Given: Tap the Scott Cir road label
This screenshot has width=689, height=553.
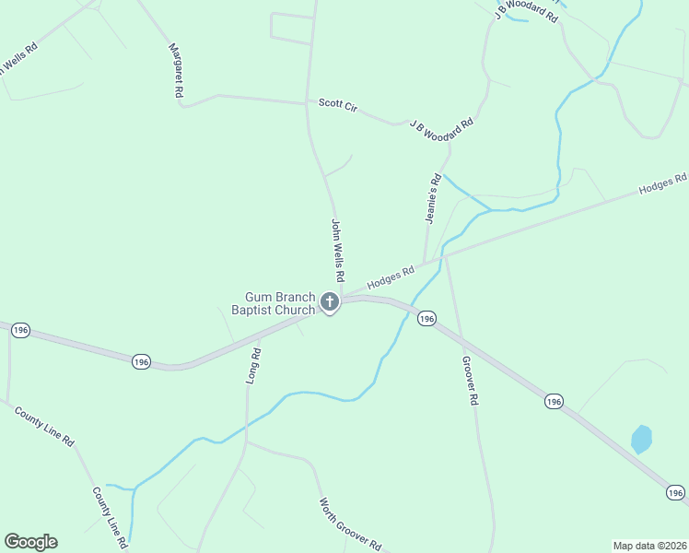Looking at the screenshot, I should click(x=337, y=104).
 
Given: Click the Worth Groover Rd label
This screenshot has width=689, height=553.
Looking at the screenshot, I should click(x=350, y=524).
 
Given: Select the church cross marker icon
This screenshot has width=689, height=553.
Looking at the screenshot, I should click(x=330, y=302).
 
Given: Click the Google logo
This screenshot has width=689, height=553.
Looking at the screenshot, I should click(x=30, y=542).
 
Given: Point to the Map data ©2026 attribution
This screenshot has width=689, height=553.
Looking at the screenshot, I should click(x=649, y=546).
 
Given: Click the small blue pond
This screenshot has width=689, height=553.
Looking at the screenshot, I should click(x=641, y=439).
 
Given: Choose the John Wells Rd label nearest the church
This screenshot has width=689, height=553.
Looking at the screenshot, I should click(x=337, y=250).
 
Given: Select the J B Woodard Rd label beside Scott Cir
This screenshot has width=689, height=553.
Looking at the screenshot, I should click(x=441, y=123).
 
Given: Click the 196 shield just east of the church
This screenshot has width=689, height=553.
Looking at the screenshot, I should click(x=426, y=318).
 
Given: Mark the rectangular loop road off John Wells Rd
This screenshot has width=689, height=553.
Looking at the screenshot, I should click(x=291, y=28).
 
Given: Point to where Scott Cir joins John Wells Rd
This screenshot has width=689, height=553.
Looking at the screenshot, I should click(x=308, y=102).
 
